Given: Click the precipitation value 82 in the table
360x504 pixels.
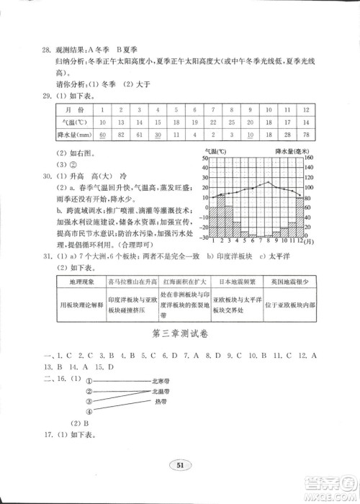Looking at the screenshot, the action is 122,135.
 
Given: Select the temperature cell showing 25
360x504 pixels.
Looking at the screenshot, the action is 230,122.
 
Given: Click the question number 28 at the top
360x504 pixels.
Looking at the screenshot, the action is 47,49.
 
